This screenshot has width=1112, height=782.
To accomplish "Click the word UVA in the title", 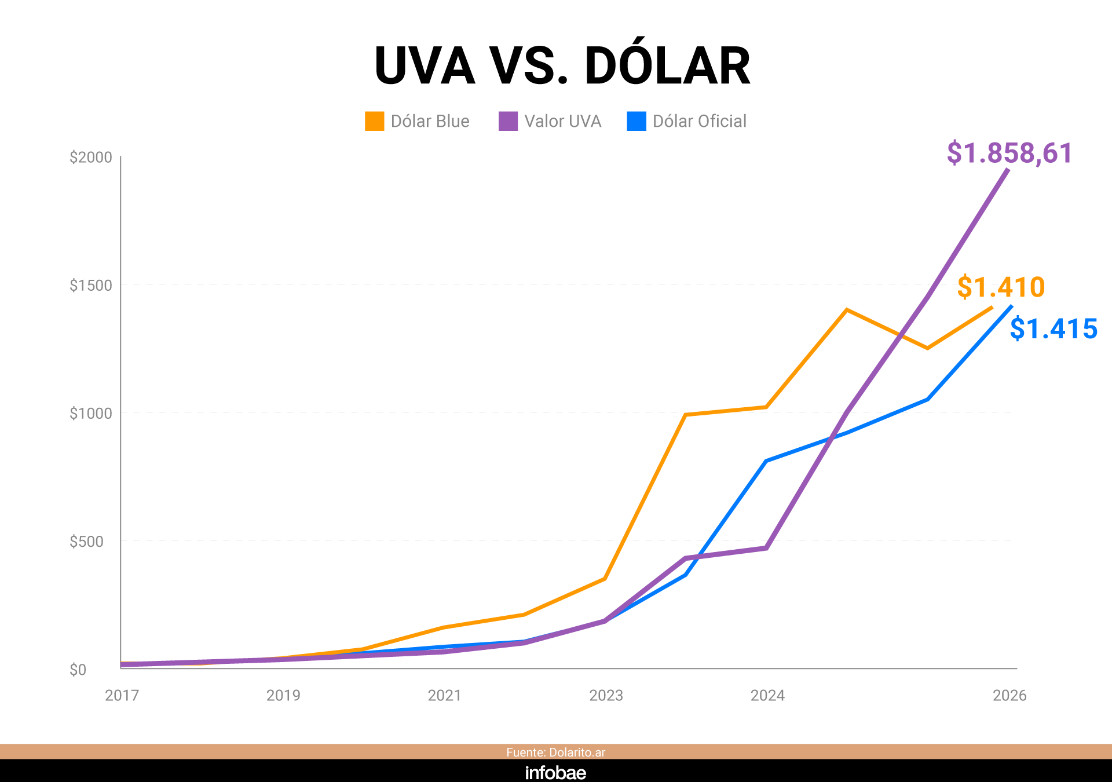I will click(x=425, y=66).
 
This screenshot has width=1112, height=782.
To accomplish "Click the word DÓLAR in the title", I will click(x=667, y=65).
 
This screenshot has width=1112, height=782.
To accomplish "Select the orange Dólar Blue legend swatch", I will click(x=374, y=121).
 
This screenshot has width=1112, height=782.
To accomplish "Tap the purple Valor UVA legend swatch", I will click(x=508, y=121).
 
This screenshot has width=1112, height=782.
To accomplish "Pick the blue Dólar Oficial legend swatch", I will click(x=636, y=121).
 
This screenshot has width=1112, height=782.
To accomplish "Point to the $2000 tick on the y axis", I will click(x=91, y=157).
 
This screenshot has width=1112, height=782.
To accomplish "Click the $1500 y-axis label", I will click(x=91, y=285).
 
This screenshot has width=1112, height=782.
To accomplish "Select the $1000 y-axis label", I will click(x=91, y=413).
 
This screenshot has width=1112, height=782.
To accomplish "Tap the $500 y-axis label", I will click(x=86, y=541).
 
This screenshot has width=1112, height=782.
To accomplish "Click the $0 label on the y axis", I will click(x=78, y=670).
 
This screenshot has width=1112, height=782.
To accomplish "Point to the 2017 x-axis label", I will click(x=122, y=695).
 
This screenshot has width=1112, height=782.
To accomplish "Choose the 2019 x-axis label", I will click(x=283, y=695).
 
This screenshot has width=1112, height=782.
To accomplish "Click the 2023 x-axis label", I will click(x=606, y=695).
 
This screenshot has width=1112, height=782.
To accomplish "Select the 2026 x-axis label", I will click(x=1009, y=695).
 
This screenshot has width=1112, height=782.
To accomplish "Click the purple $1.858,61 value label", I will click(x=1009, y=153).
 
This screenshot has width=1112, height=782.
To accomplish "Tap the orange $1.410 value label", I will click(x=1001, y=287).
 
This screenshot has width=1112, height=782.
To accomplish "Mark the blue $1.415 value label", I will click(x=1054, y=329).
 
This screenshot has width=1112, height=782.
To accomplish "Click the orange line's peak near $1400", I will click(x=847, y=310).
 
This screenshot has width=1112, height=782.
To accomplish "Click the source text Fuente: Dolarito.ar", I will click(x=555, y=752).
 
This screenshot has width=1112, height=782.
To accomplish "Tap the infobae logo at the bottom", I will click(x=555, y=773).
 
